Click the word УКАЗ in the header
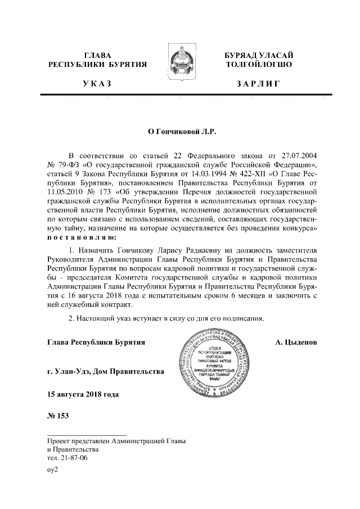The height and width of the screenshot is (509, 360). pyautogui.click(x=97, y=84)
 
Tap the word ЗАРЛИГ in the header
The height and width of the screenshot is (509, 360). pyautogui.click(x=258, y=84)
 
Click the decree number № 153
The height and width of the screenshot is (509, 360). pyautogui.click(x=57, y=416)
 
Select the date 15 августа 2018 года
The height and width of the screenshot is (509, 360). pyautogui.click(x=83, y=394)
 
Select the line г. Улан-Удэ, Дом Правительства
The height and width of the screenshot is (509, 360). pyautogui.click(x=106, y=371)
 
